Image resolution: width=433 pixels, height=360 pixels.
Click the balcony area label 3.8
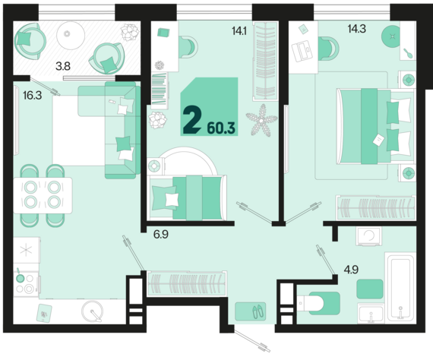pos(63,66)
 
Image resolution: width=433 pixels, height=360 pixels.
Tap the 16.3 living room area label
pos(33,96)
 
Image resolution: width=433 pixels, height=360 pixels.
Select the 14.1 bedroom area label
pos(239,31)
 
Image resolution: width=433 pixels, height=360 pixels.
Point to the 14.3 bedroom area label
pos(357,29)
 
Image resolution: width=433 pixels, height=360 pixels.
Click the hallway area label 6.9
pos(161,235)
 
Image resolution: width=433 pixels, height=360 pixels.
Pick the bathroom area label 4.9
pos(351,270)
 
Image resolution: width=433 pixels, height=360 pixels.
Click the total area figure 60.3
pos(221,128)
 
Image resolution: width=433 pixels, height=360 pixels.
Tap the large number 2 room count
pos(191,120)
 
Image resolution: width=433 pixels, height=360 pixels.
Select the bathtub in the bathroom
pos(400,287)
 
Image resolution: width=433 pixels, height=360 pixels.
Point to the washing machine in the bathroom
pos(368,236)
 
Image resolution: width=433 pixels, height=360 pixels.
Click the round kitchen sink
pos(92,311)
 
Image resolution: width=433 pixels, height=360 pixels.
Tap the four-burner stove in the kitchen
pos(26,284)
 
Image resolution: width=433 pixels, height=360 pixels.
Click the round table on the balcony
pos(71,36)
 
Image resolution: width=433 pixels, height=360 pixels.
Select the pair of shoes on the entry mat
pos(258,311)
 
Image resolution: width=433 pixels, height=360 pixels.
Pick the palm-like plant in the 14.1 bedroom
pos(261,120)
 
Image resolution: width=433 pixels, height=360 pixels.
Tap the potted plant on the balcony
pos(130,33)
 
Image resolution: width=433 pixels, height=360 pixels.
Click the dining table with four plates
pos(43,195)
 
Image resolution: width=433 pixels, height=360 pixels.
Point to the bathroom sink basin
pos(371,313)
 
